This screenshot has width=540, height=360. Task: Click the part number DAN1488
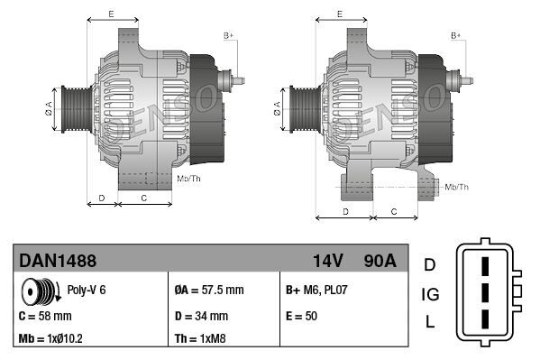58,261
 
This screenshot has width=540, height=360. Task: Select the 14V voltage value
327,261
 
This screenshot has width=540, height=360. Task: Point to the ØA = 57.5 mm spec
208,291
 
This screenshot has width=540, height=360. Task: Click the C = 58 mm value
45,317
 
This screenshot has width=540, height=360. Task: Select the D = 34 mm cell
201,317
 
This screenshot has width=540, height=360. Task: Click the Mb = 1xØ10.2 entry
52,340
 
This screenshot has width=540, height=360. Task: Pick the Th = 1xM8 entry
201,340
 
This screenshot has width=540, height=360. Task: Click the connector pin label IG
430,293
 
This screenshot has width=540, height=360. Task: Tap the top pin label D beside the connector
430,264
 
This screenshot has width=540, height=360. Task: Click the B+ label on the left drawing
229,35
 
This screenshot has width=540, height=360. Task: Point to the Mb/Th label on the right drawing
457,187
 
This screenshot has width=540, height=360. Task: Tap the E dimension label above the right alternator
339,14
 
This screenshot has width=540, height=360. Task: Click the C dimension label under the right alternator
395,210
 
